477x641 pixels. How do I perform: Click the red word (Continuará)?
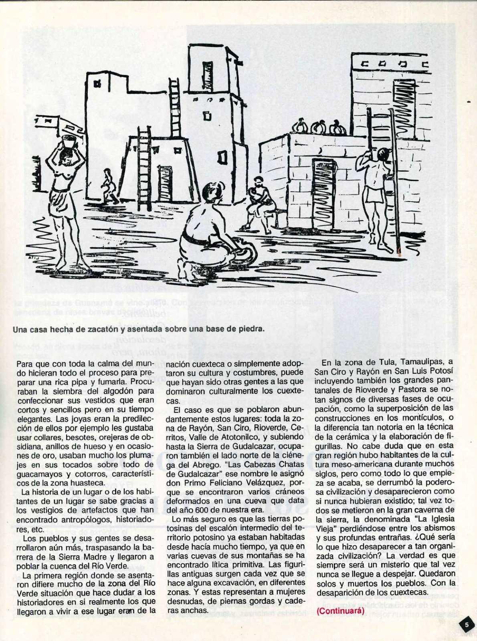340,611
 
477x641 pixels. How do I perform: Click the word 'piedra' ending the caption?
252,329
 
